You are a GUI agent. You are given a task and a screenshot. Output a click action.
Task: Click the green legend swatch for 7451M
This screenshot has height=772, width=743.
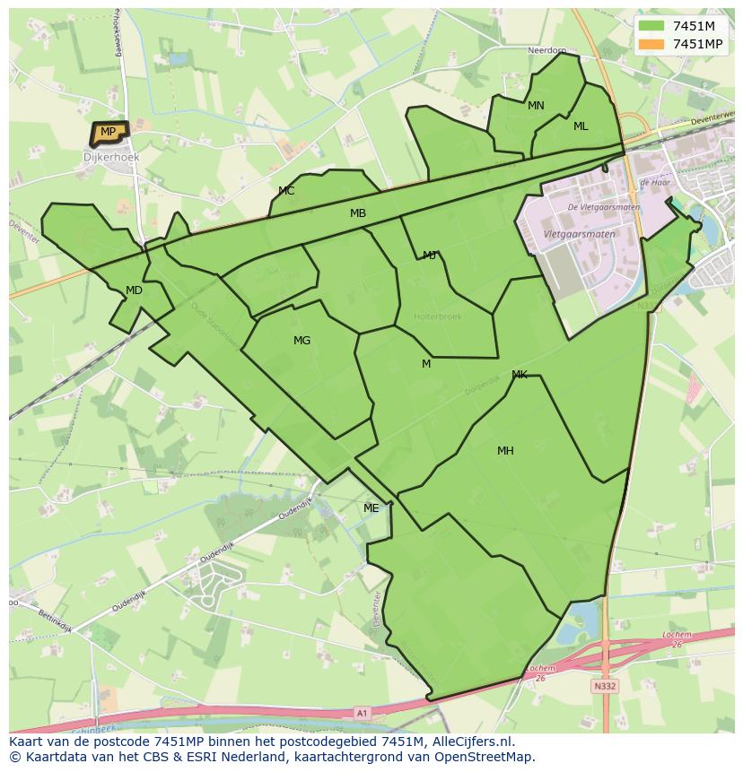point(652,26)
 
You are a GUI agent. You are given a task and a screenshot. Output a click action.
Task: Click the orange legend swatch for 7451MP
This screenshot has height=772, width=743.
point(652,44)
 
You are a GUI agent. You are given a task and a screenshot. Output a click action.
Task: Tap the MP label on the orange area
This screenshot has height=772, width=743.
point(108,132)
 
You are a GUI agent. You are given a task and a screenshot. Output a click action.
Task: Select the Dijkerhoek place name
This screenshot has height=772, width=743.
point(111,157)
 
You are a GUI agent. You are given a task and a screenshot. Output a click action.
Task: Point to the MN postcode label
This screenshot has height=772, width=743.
point(536,106)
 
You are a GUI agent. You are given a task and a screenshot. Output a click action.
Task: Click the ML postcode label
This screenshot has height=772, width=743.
point(581,126)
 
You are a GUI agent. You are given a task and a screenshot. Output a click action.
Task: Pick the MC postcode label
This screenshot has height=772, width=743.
point(286,191)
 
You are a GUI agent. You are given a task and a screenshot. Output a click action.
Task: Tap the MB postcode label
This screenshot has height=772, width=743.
point(358,213)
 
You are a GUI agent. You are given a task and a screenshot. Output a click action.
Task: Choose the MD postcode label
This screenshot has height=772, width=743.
point(134,291)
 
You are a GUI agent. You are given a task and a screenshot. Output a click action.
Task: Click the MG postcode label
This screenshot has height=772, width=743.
point(302,341)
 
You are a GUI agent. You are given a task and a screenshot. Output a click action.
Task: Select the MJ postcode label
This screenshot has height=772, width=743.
point(430,256)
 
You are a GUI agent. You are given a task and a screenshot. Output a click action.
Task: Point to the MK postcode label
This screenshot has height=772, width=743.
point(520,375)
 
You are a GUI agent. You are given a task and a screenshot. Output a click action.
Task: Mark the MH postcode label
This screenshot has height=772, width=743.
point(505,451)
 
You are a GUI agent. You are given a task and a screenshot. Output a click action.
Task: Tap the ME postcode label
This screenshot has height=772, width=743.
point(371,508)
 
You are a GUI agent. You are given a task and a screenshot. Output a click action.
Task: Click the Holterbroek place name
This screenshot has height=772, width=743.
point(437,317)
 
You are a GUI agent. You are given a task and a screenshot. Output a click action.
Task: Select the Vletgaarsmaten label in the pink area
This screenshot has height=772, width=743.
point(580,234)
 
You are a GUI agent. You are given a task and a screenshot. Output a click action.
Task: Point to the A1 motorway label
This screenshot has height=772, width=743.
point(362,713)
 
